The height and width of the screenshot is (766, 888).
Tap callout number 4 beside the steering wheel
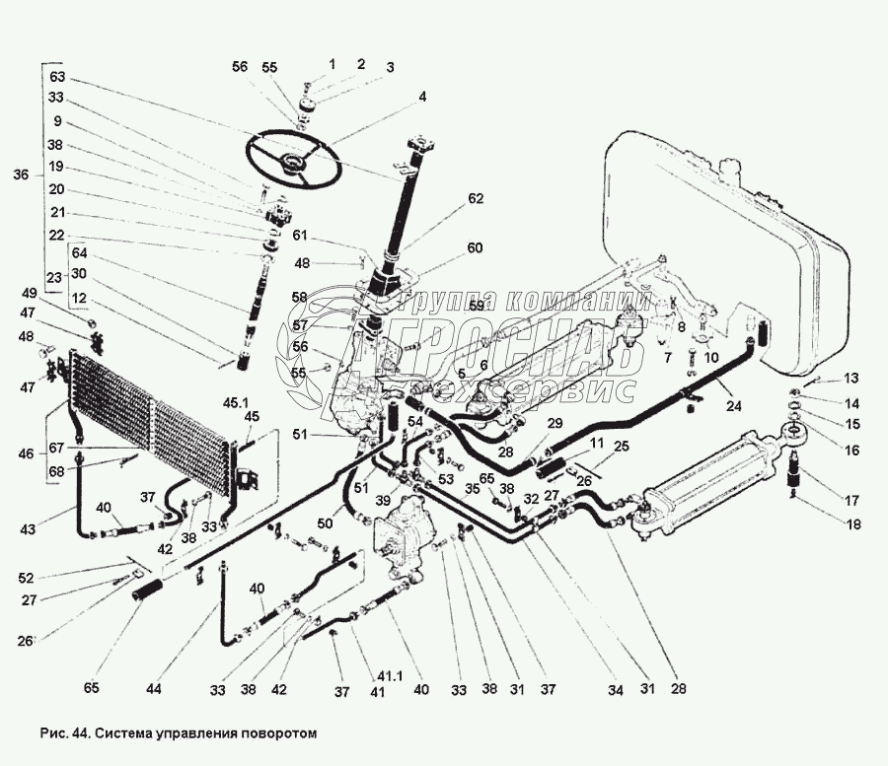coord(422,97)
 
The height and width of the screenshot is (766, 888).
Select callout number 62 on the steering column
coord(476,198)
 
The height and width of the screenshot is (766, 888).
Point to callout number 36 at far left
coord(21,175)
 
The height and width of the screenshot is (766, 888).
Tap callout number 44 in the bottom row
coord(152,688)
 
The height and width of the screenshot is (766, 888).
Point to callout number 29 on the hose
coord(555,423)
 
